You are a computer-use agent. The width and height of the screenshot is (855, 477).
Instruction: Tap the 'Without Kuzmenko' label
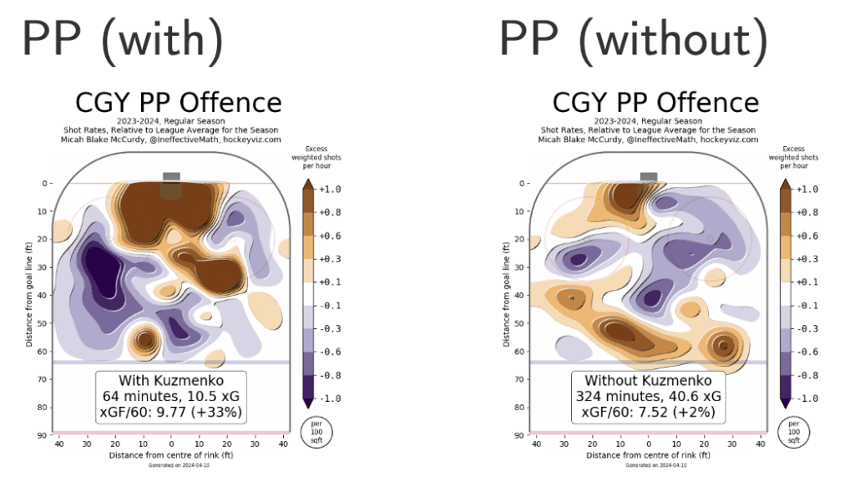point(648,381)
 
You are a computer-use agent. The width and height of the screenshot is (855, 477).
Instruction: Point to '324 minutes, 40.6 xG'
point(648,396)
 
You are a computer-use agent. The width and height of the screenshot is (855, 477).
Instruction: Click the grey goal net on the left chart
point(171,176)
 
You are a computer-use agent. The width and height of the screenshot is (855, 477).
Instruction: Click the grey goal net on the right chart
point(648,176)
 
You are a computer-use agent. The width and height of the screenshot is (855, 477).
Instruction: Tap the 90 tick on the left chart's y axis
point(39,435)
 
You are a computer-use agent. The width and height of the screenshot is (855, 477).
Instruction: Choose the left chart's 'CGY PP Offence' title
point(179,104)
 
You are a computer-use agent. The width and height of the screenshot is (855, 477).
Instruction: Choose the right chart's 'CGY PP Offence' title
point(655,104)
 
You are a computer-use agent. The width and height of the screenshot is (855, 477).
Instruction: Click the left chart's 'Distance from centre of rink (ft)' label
point(171,455)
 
